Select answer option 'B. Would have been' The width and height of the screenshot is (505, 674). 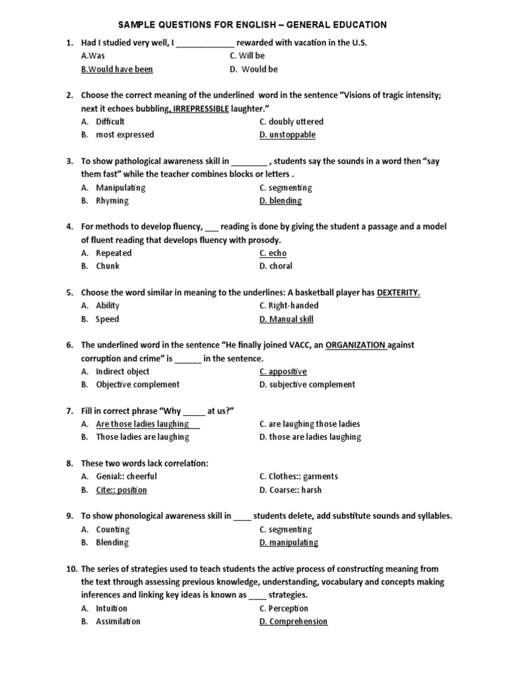point(117,69)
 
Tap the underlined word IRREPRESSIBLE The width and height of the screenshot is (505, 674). point(201,109)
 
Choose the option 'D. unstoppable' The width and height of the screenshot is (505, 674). point(287,135)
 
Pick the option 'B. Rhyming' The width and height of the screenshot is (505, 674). point(105,201)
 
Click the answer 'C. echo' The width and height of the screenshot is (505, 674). point(273,253)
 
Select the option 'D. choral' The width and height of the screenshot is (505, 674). point(276,267)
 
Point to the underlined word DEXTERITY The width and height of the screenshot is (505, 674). point(398,293)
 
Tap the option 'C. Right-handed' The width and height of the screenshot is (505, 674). point(289,306)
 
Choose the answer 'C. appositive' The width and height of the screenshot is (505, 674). point(283,372)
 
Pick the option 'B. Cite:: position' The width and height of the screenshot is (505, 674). point(114,490)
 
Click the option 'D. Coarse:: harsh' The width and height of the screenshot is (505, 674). point(290,490)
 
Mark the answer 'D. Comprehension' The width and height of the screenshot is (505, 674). point(293,622)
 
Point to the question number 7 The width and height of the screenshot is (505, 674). point(69,411)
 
